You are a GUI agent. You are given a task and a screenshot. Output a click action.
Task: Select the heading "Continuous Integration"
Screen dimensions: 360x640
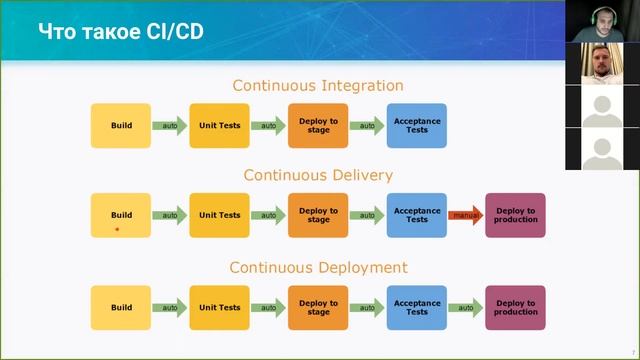tap(318, 86)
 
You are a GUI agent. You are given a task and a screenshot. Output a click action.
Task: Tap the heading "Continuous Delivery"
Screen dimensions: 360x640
tap(318, 175)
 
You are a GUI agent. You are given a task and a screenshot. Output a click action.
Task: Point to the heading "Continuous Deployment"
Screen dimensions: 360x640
tap(318, 267)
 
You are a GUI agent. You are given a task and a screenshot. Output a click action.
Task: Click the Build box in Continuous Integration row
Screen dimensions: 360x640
tap(121, 125)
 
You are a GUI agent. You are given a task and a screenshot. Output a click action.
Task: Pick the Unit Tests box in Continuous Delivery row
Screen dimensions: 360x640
tap(220, 215)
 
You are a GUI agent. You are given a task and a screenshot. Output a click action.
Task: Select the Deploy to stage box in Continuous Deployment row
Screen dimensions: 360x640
tap(318, 307)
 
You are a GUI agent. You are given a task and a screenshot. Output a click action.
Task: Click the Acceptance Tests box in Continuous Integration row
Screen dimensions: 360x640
tap(417, 125)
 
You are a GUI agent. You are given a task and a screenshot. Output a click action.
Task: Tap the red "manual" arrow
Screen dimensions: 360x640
tap(465, 215)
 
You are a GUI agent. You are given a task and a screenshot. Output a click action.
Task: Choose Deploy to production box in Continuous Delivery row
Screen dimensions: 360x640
tap(515, 215)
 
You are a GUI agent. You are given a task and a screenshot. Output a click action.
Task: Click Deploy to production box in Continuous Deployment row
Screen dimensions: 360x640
tap(515, 307)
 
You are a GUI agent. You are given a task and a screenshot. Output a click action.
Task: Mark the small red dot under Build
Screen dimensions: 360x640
tap(117, 229)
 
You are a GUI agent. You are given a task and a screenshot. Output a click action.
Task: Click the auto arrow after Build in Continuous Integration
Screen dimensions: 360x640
tap(170, 126)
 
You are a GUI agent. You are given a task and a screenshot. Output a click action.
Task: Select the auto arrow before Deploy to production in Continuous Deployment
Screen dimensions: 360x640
tap(465, 307)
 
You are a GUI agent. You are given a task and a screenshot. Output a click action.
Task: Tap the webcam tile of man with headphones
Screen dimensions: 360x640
tap(602, 21)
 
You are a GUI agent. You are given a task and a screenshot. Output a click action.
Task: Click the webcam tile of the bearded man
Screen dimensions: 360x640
tap(602, 64)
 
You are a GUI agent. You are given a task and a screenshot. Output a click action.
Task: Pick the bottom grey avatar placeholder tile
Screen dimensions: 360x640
tap(602, 149)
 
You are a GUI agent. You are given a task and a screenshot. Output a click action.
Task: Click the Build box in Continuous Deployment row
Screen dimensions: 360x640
tap(121, 307)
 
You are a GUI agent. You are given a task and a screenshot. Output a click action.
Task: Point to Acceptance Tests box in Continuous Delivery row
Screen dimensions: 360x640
tap(417, 215)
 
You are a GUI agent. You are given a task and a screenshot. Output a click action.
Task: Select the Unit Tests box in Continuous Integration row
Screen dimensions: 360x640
tap(220, 125)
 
